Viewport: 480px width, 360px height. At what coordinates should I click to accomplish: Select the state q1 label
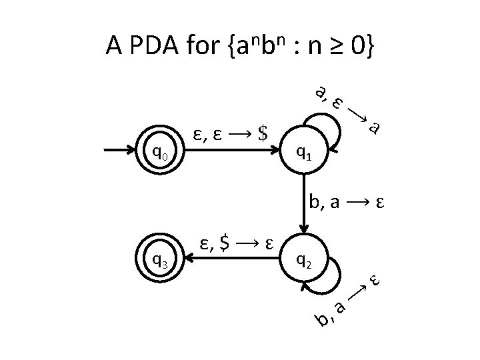304,155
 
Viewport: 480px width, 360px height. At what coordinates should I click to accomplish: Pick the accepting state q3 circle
160,260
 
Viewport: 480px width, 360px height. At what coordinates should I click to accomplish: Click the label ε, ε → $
229,135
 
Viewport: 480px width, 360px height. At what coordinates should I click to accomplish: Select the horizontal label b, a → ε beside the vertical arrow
349,202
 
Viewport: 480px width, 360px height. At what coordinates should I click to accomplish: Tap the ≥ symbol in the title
325,46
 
